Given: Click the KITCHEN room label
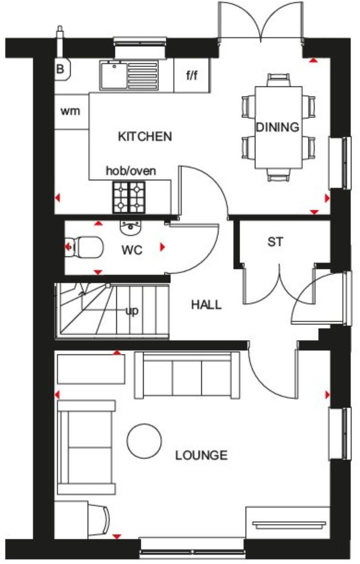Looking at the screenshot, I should (x=145, y=137).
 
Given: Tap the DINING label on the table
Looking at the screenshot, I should (x=278, y=127).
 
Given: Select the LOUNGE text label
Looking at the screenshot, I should (x=201, y=455).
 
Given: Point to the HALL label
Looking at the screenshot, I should (x=206, y=305).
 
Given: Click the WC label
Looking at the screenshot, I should (x=132, y=250).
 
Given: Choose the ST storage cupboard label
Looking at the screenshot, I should (x=275, y=242).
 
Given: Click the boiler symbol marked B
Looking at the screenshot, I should (x=61, y=69).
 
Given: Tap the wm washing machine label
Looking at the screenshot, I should (x=70, y=111).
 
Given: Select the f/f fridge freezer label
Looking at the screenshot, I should (x=192, y=75).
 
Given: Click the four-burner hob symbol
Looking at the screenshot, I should (x=129, y=197).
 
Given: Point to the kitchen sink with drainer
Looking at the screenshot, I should (x=129, y=75).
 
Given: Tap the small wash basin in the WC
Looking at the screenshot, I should (x=130, y=228).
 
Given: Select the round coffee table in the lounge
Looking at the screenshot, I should (x=144, y=441).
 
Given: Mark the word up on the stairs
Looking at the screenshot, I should (x=132, y=311).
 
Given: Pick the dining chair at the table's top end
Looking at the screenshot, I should (x=279, y=80).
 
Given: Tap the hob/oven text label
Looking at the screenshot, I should (x=131, y=171).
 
